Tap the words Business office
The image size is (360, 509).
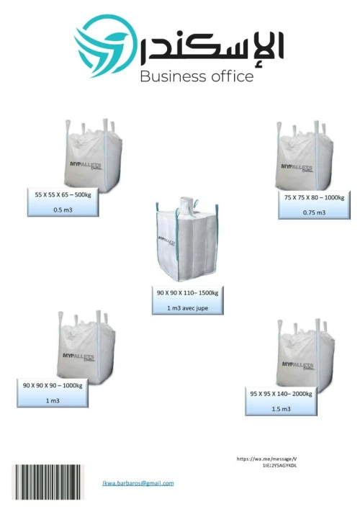point(197,76)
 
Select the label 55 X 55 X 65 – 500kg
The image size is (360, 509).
point(63,195)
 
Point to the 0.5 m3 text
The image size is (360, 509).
point(63,210)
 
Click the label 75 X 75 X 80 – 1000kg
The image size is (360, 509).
point(314,197)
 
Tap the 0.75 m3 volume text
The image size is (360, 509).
point(314,212)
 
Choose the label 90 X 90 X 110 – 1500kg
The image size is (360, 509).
point(188,293)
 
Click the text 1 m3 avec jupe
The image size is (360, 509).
point(188,308)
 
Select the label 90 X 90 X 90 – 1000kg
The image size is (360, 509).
point(53,386)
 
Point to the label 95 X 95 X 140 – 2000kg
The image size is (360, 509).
point(281,394)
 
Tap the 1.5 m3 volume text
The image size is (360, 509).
point(281,409)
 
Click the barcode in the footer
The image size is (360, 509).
point(48,482)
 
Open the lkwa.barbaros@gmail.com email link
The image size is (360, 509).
point(138,483)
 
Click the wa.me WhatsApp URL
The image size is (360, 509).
point(267,462)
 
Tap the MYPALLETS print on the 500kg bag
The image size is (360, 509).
point(86,166)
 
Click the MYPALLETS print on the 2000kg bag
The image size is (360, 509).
point(297,366)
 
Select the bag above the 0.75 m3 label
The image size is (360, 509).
point(305,156)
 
